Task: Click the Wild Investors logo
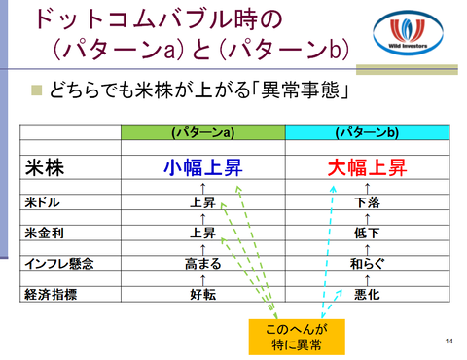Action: coord(408,33)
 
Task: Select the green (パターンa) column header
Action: coord(203,132)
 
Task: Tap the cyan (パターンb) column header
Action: coord(367,132)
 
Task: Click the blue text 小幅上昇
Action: coord(203,167)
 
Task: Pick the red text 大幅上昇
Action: coord(367,167)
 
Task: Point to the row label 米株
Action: coord(45,168)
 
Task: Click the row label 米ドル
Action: coord(43,202)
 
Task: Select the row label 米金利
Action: coord(44,233)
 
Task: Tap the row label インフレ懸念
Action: coord(59,264)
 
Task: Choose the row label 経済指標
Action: coord(51,294)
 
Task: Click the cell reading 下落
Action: coord(367,202)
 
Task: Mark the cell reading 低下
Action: coord(367,233)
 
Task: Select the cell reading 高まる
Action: coord(203,264)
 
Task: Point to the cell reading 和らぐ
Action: coord(367,264)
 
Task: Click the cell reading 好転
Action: coord(203,294)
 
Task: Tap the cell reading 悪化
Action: coord(367,294)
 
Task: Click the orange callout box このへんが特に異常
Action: coord(297,337)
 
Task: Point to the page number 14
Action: coord(449,341)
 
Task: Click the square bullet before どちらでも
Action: coord(37,90)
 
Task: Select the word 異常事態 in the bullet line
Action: coord(300,90)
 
